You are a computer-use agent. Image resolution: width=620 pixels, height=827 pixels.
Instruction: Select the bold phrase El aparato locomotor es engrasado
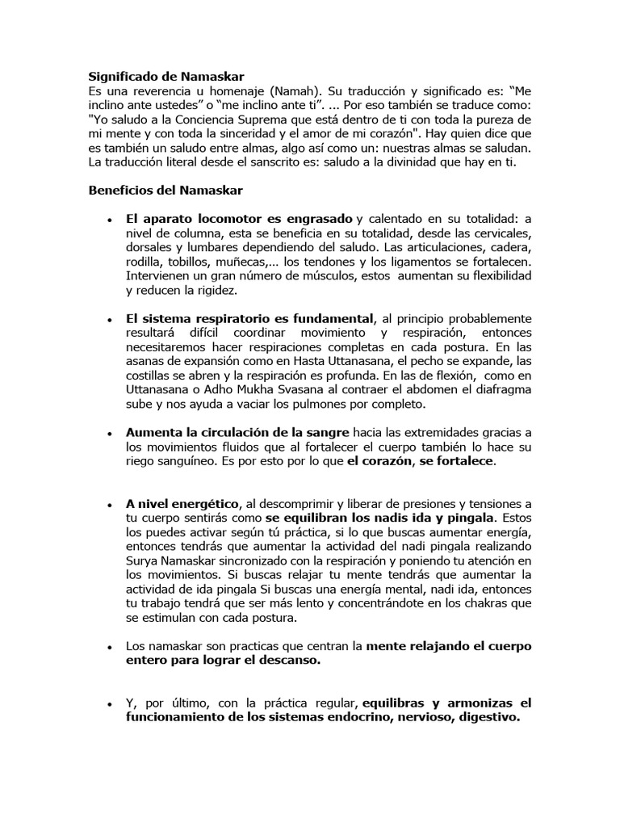(240, 219)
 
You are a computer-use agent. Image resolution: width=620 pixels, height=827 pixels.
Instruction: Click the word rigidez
(215, 291)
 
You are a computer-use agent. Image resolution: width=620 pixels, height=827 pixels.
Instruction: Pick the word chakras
(474, 604)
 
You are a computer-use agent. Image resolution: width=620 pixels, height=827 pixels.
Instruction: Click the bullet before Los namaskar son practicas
(109, 649)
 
